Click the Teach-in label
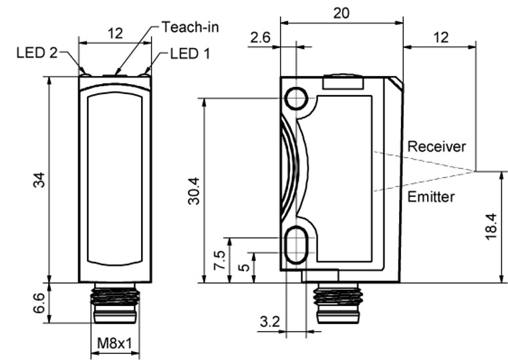[x=190, y=27]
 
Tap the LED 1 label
[x=190, y=53]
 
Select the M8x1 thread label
[x=114, y=343]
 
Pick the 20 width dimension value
[x=341, y=13]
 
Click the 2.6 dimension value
[x=261, y=38]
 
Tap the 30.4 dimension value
[x=194, y=190]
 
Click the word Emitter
[x=431, y=197]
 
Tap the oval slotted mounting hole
[x=295, y=245]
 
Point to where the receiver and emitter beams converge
[x=476, y=172]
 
